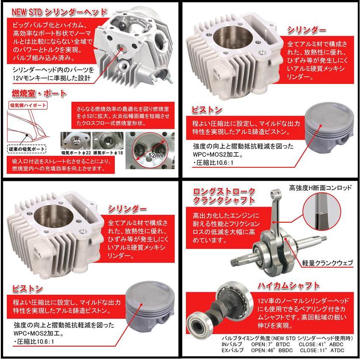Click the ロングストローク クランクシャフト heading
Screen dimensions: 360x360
click(x=224, y=195)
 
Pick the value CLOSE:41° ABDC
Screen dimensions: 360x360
click(x=323, y=344)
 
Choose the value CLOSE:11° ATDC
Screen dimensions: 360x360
click(x=323, y=350)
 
